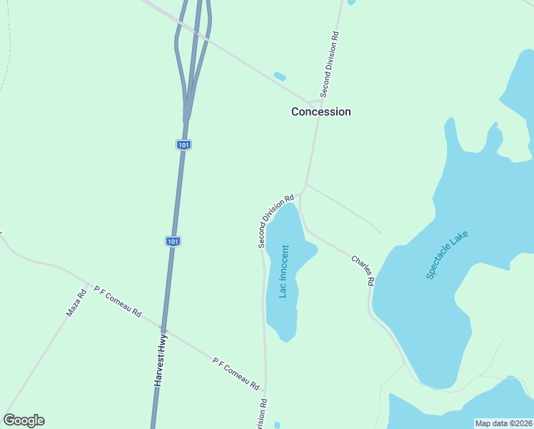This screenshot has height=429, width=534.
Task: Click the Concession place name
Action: click(x=321, y=112)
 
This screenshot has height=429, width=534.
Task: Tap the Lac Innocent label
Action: click(x=283, y=272)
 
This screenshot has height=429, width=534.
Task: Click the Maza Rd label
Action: click(x=75, y=303)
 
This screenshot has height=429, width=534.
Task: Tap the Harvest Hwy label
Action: click(x=160, y=360)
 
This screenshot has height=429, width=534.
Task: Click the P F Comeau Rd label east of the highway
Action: click(x=236, y=374)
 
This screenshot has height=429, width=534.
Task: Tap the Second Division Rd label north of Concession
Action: click(x=328, y=64)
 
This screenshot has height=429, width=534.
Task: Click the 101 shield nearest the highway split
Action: click(x=183, y=144)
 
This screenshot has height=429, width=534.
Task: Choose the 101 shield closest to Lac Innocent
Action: click(x=173, y=241)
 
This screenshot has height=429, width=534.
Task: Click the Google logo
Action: click(x=24, y=420)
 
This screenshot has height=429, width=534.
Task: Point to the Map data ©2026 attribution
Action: click(x=503, y=423)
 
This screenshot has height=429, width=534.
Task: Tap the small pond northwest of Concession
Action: click(x=280, y=76)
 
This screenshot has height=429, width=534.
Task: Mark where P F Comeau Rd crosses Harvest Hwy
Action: click(x=165, y=325)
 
